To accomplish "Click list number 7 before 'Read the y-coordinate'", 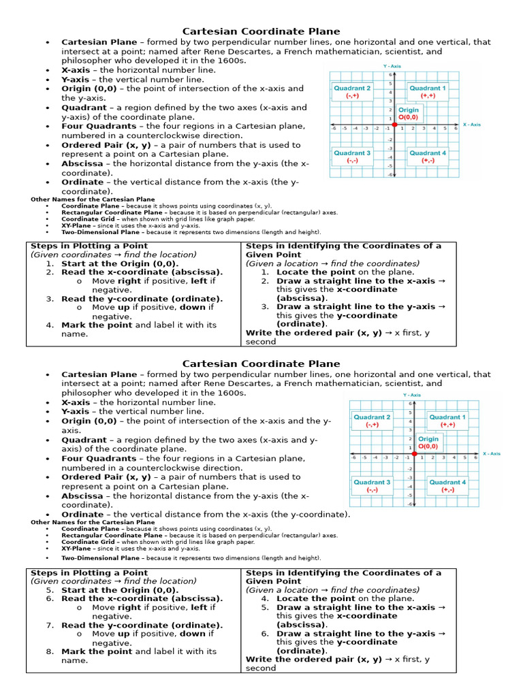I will (x=50, y=626).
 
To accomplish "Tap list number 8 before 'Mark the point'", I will (x=50, y=651).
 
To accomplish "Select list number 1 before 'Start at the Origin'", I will (x=50, y=263).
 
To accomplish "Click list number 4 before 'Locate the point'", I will (x=265, y=599).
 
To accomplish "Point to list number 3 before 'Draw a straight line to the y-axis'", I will (x=265, y=307).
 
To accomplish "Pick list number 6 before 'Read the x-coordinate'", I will (x=50, y=599).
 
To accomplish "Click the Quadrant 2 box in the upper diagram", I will (x=352, y=92).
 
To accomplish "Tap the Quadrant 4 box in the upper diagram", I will (x=428, y=157).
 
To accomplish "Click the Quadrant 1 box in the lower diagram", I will (x=447, y=421).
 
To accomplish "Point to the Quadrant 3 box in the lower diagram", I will (x=372, y=485).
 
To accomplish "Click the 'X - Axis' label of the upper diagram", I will (x=471, y=125).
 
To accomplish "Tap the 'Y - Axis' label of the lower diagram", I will (x=411, y=395).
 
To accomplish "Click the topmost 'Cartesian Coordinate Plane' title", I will (x=261, y=31).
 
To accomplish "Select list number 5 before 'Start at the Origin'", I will (x=50, y=590).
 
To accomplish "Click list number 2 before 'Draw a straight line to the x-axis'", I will (x=265, y=280).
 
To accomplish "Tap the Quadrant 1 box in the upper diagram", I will (x=428, y=92).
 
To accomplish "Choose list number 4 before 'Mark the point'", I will (x=50, y=325).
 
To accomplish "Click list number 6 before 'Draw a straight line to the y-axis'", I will (x=265, y=634).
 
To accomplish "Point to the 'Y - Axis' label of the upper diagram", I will (x=392, y=66).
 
